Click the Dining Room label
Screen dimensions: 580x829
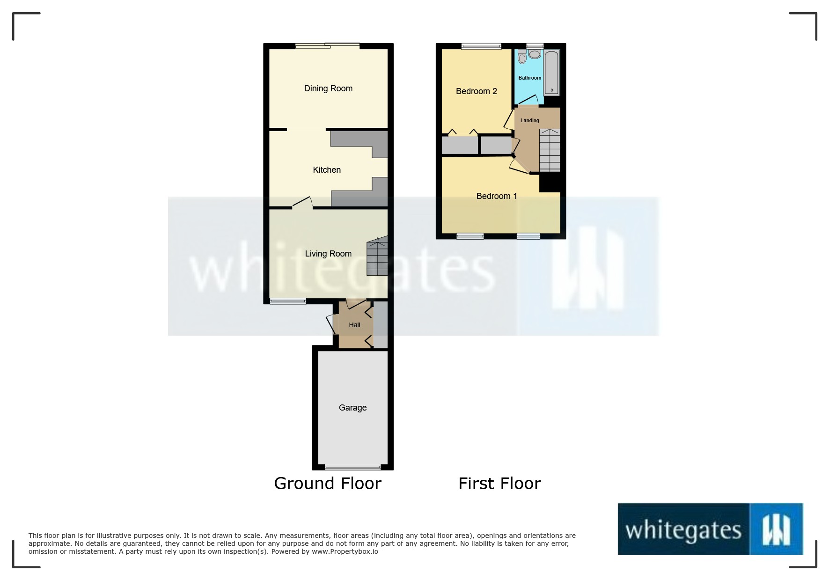(328, 88)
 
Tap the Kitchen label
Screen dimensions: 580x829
(327, 170)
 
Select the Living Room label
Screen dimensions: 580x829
(328, 254)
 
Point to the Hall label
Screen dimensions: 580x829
(354, 325)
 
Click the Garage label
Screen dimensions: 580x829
(352, 408)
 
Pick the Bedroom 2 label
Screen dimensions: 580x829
(476, 91)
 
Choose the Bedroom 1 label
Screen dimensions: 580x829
(496, 196)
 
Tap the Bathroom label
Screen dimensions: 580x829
(529, 78)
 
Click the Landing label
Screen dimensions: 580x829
(529, 121)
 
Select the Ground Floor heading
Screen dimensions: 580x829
(328, 483)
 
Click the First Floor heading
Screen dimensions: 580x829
(499, 483)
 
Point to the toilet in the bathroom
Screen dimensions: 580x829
(522, 57)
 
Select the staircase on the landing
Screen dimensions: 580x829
(550, 150)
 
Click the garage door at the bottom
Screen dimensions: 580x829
(353, 467)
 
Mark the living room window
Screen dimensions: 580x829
(288, 301)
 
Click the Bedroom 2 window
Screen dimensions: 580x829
(481, 46)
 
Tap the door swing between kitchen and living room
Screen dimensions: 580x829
(303, 203)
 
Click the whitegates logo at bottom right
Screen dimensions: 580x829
(711, 529)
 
